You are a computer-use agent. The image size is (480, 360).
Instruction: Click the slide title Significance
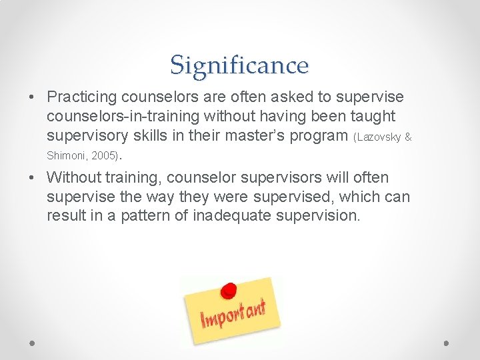(x=239, y=65)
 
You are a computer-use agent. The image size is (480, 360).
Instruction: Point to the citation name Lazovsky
(x=379, y=137)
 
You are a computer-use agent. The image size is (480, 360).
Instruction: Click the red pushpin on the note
(x=229, y=291)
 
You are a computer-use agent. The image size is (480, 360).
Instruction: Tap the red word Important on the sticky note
(x=233, y=314)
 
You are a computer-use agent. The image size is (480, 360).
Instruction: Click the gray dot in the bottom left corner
(x=33, y=343)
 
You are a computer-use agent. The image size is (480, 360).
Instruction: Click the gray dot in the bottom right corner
(x=446, y=343)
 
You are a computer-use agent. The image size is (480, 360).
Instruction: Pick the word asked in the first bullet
(x=287, y=97)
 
